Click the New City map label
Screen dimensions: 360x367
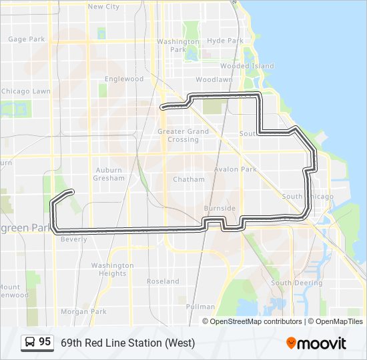coord(103,7)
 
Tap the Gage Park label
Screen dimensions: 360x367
coord(27,39)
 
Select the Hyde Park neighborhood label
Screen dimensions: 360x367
coord(225,41)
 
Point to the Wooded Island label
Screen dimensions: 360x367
coord(247,66)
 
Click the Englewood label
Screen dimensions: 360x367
coord(124,79)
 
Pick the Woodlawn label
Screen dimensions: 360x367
coord(214,79)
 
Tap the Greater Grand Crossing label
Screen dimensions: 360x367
coord(183,135)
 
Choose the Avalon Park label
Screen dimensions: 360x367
coord(236,169)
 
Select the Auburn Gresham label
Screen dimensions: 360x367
coord(109,174)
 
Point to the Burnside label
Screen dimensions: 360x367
coord(220,209)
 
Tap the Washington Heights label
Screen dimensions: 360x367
coord(113,269)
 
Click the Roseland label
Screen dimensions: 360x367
coord(163,281)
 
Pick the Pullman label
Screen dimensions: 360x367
coord(201,307)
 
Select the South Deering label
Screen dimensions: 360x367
coord(296,283)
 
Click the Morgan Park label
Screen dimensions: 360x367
coord(83,311)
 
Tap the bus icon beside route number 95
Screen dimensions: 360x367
coord(30,343)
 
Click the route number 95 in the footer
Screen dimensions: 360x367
coord(45,342)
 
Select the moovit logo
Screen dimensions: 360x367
coord(316,343)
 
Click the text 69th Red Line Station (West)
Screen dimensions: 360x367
coord(127,343)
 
